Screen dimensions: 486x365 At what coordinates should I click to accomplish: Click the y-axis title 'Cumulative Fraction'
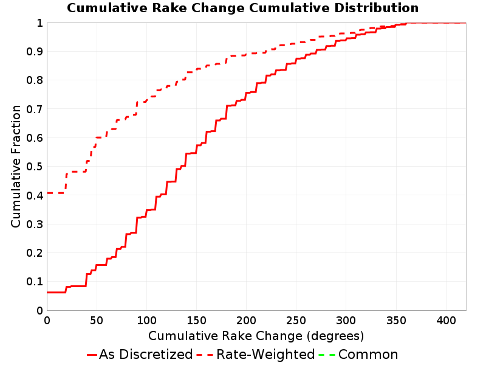coord(16,166)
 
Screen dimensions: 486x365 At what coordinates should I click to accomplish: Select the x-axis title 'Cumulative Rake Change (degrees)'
coord(256,336)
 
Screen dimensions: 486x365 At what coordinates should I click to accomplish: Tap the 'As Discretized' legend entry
coord(140,355)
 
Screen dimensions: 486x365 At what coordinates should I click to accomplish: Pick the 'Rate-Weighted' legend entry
coord(256,355)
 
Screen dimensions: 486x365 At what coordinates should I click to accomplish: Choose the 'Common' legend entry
coord(358,355)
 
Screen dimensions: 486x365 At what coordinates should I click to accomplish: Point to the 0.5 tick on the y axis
coord(35,167)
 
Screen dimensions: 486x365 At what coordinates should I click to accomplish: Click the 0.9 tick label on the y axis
coord(35,52)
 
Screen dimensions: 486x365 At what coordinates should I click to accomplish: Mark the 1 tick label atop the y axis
coord(39,23)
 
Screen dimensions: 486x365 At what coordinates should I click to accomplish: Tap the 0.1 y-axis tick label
coord(35,282)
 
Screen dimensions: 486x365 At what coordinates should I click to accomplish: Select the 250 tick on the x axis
coord(296,321)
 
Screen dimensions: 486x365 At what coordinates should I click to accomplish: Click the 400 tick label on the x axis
coord(446,321)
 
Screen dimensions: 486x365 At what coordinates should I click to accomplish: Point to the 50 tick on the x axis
coord(97,321)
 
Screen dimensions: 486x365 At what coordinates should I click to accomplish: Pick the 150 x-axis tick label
coord(196,321)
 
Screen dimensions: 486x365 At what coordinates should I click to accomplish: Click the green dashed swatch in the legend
coord(327,355)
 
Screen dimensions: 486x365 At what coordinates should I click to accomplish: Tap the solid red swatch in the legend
coord(92,355)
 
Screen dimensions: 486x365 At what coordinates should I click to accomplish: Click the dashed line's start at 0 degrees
coord(47,193)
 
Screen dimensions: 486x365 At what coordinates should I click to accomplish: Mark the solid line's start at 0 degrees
coord(47,293)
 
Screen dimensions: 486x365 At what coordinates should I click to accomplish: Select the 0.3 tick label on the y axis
coord(35,224)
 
